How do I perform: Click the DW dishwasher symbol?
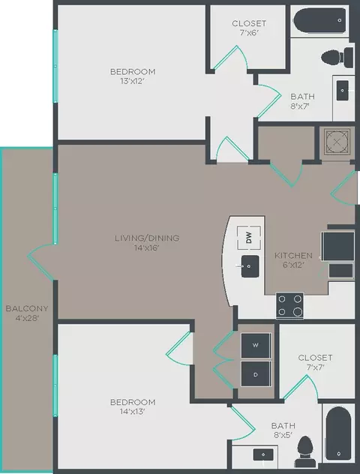[247, 238]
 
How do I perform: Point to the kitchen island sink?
[249, 265]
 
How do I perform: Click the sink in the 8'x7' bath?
[343, 91]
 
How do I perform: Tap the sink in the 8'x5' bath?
[262, 455]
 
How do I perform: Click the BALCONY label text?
[27, 308]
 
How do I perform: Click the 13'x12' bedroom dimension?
[133, 82]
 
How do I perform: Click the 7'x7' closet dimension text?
[314, 368]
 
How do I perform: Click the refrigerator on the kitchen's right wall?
[338, 246]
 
